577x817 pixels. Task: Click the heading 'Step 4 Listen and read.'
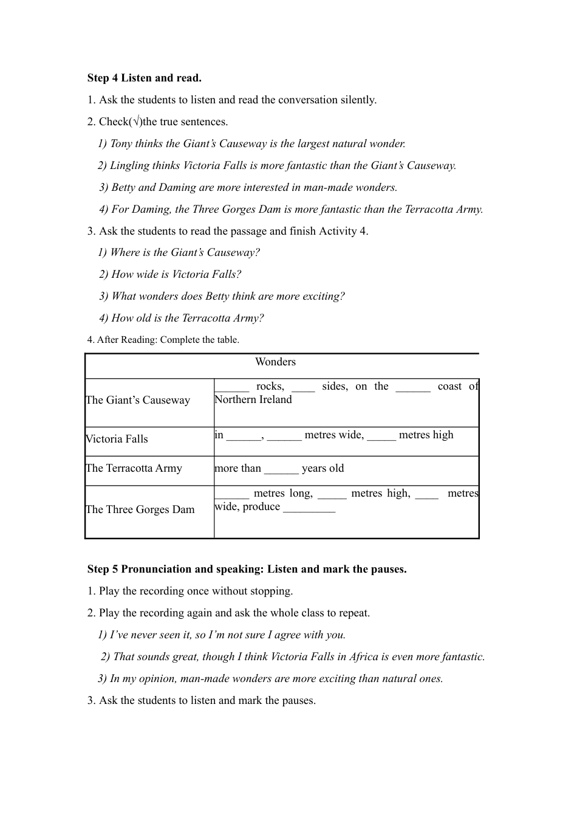[x=145, y=78]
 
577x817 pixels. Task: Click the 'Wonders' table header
[x=275, y=362]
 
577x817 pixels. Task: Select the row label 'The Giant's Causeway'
[x=138, y=400]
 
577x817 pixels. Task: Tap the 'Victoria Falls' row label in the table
[x=117, y=439]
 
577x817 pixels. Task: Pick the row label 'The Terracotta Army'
[x=134, y=468]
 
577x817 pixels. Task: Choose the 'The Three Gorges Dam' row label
[x=140, y=509]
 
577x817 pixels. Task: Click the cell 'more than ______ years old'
[x=279, y=468]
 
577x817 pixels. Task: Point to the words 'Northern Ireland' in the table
[x=253, y=400]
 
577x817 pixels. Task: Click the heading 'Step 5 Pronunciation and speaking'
[x=247, y=569]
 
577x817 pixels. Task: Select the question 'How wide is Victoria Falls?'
[x=170, y=274]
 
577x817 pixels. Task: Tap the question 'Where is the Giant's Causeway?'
[x=179, y=252]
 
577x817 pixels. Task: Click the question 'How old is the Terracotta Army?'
[x=182, y=318]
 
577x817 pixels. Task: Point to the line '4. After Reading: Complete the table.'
[x=163, y=340]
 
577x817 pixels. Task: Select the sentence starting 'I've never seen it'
[x=222, y=635]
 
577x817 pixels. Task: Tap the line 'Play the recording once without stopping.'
[x=196, y=591]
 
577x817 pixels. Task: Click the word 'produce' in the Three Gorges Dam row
[x=261, y=507]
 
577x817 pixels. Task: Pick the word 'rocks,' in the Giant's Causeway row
[x=270, y=387]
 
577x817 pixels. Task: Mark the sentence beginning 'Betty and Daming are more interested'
[x=248, y=187]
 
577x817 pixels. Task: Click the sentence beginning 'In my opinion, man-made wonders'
[x=270, y=678]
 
